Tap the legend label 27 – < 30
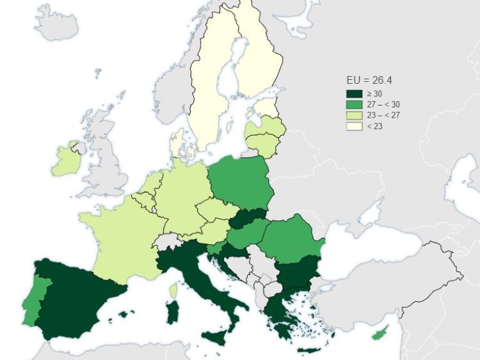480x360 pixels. tap(383, 104)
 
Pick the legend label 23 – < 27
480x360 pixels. tap(383, 115)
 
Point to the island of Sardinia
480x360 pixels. tap(172, 313)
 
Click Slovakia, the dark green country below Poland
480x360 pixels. tap(248, 219)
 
